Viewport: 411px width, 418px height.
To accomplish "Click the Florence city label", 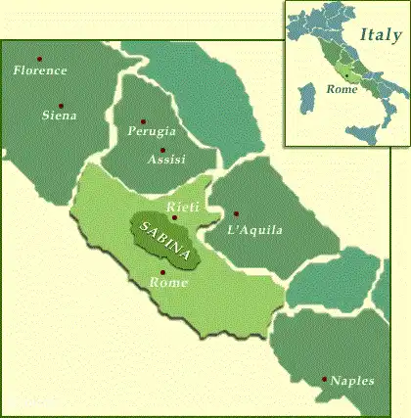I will [x=41, y=70].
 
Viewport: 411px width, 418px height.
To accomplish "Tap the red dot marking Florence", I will [x=40, y=58].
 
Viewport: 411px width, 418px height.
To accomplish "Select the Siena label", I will [x=59, y=115].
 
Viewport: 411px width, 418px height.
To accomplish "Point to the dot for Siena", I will [x=61, y=105].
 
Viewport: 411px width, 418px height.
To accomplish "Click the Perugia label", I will [x=152, y=130].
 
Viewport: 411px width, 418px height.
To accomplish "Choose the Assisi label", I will [x=164, y=159].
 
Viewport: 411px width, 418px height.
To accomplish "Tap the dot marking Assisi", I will [x=162, y=150].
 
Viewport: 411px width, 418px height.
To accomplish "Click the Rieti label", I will [x=183, y=207].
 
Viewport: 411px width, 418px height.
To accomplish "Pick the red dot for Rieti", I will [x=174, y=217].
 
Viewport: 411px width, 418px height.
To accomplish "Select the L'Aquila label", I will [x=253, y=230].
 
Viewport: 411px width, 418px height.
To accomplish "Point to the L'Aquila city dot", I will [x=236, y=213].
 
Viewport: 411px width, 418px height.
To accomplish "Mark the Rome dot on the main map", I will [x=161, y=271].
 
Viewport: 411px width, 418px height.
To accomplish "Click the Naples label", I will [x=352, y=381].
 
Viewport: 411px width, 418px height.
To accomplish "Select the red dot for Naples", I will [x=325, y=379].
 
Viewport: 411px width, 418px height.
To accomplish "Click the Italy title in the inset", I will [x=380, y=35].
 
